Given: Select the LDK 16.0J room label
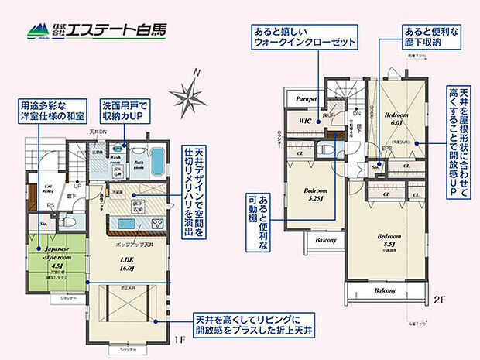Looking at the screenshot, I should (126, 264).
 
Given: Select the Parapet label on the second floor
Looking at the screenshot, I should (304, 98).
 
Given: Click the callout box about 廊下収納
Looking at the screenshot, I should (428, 38).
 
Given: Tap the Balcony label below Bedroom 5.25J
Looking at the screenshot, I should (324, 240).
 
